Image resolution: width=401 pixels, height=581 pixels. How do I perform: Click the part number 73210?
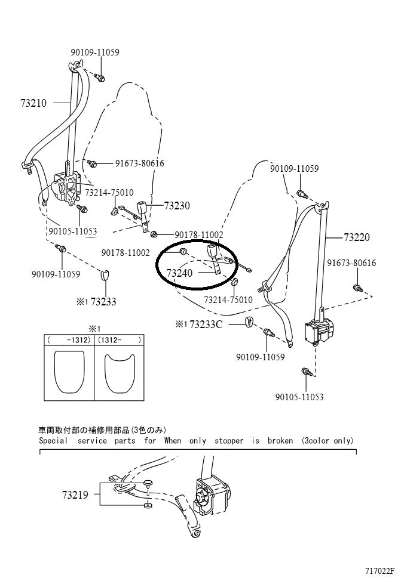(33, 103)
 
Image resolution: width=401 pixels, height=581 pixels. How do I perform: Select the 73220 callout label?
(357, 237)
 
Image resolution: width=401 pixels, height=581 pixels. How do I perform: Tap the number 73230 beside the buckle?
(177, 206)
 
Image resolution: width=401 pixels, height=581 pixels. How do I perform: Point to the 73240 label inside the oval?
(179, 273)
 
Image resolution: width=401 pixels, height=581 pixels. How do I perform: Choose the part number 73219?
(74, 495)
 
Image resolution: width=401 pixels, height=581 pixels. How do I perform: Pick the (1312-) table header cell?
(119, 339)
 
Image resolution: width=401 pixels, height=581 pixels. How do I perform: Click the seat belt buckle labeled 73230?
(143, 209)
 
